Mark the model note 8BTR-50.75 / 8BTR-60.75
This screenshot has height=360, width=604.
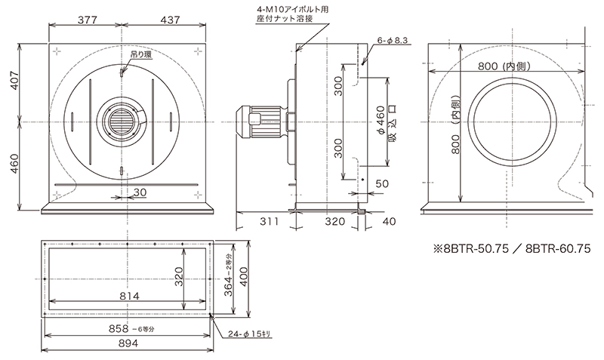coord(510,248)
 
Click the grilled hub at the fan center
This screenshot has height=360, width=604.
coord(122,122)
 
